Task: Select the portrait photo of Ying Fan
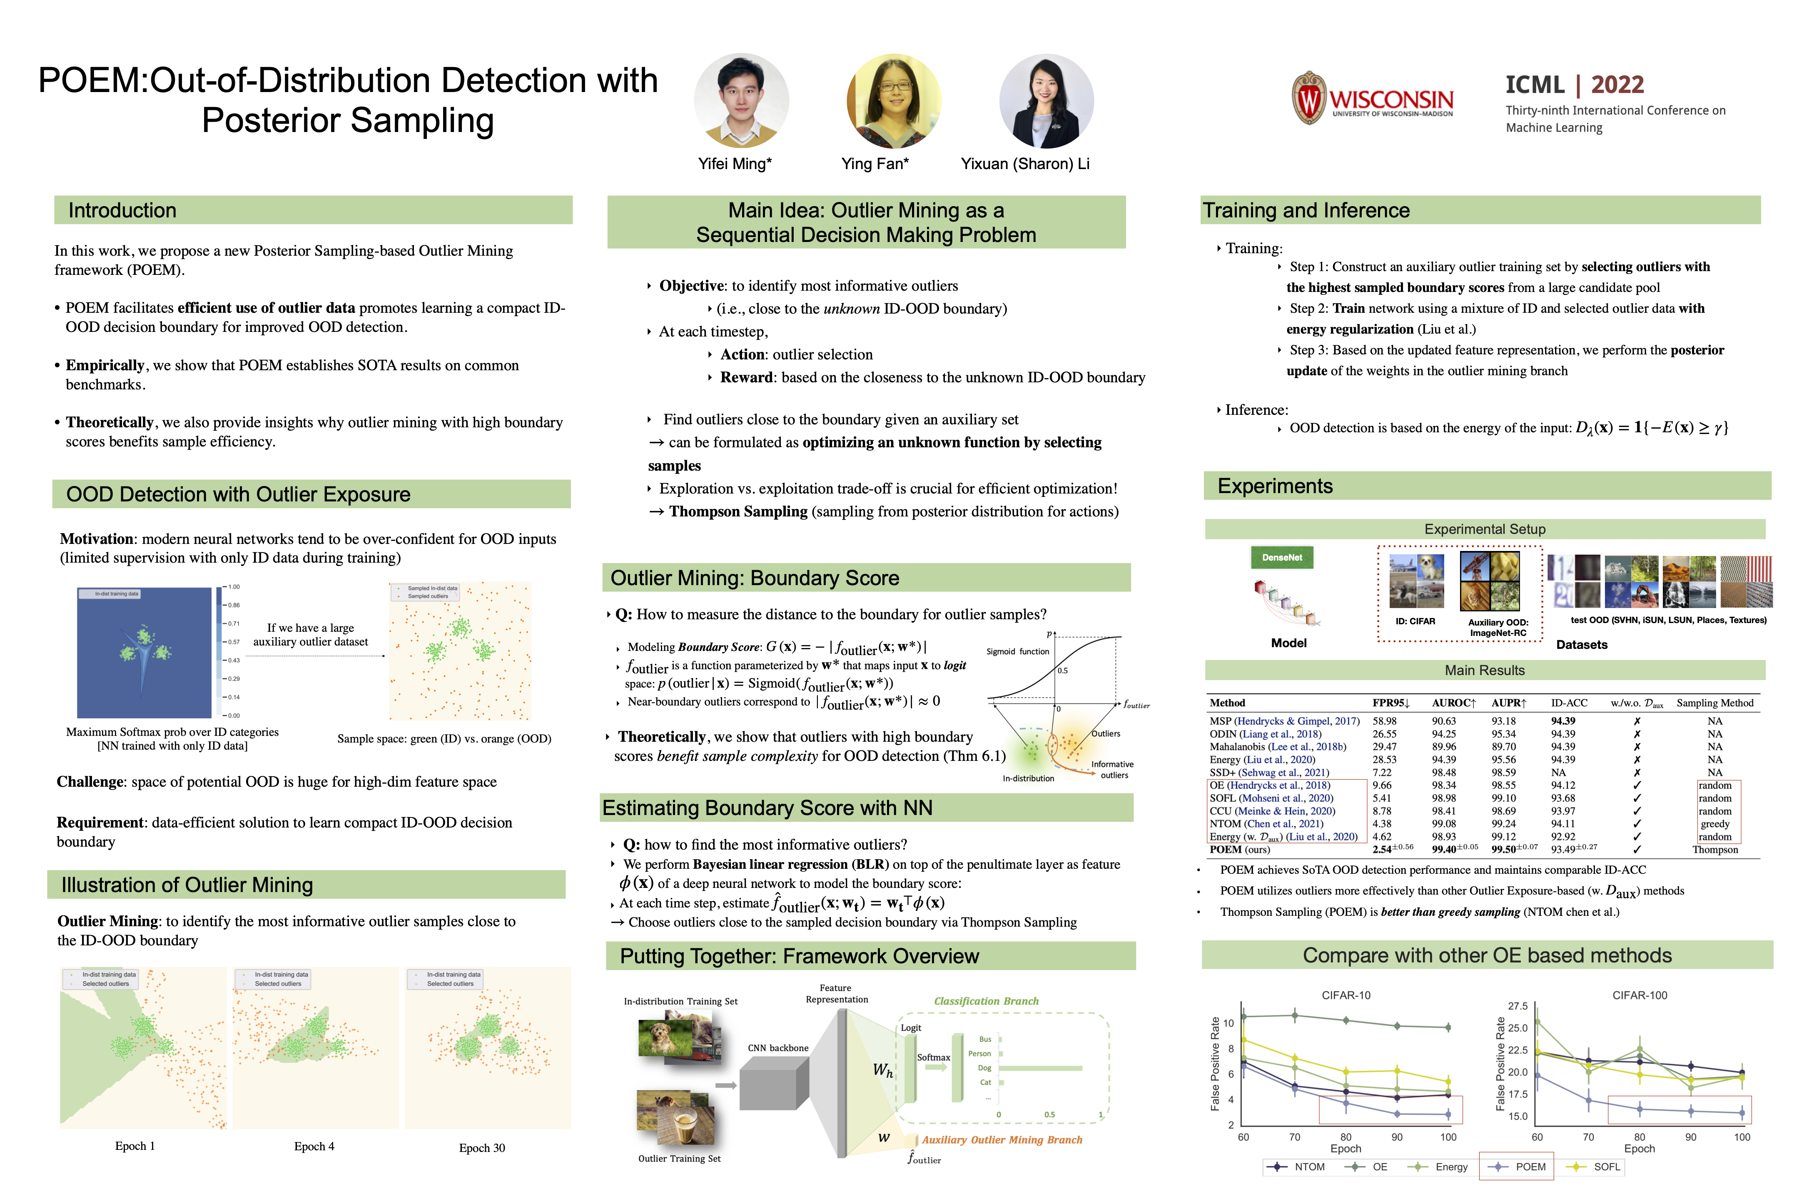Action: coord(892,100)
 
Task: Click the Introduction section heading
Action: coord(122,210)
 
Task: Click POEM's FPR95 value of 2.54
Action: coord(1382,850)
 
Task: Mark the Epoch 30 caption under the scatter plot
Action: coord(482,1148)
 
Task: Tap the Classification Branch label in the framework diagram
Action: coord(986,1001)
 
